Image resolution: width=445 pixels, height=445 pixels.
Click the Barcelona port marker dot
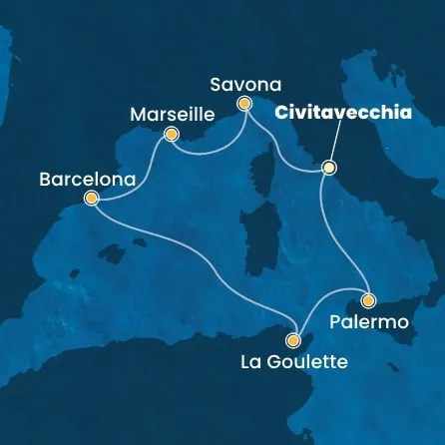click(92, 199)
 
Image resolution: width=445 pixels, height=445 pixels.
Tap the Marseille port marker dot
click(172, 134)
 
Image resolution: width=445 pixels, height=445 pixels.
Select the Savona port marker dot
click(243, 103)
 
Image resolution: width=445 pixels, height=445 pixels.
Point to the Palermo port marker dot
click(368, 299)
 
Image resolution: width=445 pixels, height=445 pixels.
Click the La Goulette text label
click(293, 361)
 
